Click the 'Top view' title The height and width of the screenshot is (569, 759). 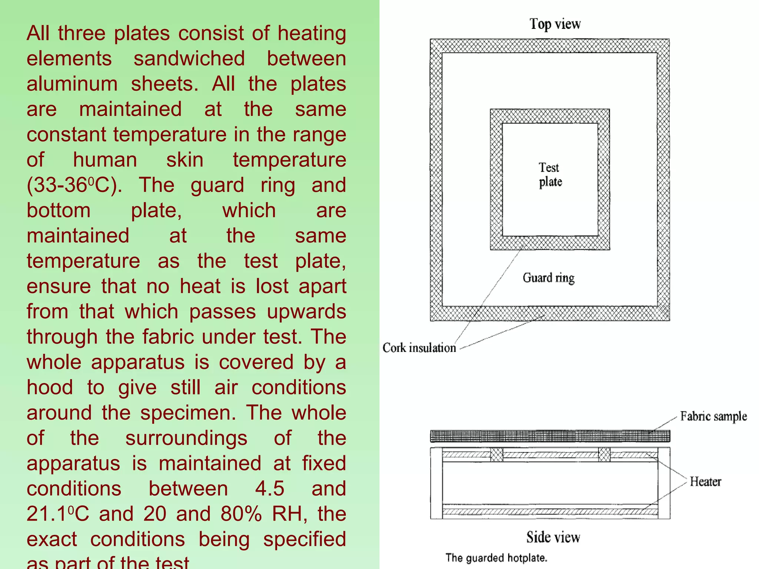(555, 24)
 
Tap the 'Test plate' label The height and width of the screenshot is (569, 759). (550, 175)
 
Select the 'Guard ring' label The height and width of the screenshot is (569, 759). (548, 277)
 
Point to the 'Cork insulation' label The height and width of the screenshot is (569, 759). (419, 348)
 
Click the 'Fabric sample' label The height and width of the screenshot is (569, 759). (713, 416)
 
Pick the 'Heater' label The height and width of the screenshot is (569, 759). (705, 482)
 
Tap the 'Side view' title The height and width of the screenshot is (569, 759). (553, 537)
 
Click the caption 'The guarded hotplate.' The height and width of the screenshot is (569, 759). (496, 558)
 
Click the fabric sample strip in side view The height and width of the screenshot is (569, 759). (550, 436)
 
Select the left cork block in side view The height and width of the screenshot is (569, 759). (497, 455)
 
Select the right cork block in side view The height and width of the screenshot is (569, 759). (604, 455)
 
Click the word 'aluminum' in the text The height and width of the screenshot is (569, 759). (72, 84)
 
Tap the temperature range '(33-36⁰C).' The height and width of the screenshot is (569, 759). (74, 185)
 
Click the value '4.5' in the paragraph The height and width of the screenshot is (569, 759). (269, 488)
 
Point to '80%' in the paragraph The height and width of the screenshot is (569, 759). (241, 514)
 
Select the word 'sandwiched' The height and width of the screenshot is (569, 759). (189, 59)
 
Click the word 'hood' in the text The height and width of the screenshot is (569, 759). (50, 387)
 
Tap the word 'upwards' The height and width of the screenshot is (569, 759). (306, 312)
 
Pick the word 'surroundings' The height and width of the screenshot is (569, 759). (186, 438)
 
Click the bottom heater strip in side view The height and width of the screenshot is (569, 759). (550, 512)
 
